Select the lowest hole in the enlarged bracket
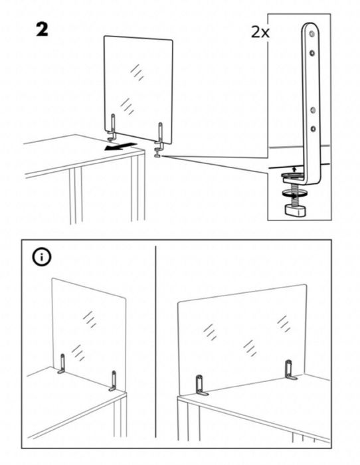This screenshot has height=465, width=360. pyautogui.click(x=311, y=129)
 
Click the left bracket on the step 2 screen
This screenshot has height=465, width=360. pyautogui.click(x=114, y=128)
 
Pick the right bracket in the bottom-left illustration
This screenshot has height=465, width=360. pyautogui.click(x=114, y=381)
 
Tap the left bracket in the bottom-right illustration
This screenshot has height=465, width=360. pyautogui.click(x=200, y=386)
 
